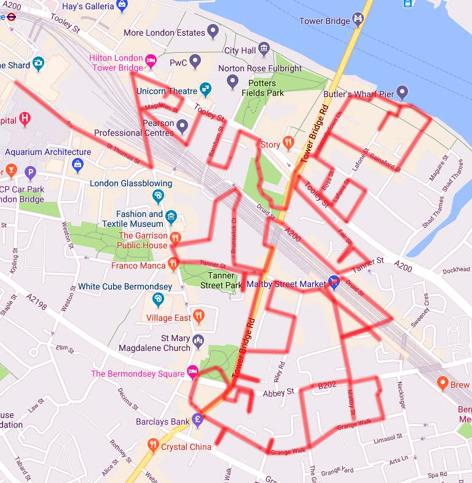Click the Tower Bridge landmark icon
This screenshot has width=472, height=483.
[358, 21]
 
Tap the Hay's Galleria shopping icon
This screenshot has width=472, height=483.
[122, 6]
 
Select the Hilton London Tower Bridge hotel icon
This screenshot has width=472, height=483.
[151, 62]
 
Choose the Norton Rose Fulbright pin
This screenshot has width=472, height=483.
[232, 80]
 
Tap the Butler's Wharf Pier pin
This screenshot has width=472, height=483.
[402, 93]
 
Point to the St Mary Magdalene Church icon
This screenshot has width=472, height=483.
[198, 341]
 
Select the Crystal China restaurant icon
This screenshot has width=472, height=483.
[153, 444]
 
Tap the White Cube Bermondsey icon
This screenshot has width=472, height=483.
[158, 299]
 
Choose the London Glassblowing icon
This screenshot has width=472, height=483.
[158, 196]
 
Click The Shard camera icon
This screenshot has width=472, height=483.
[38, 64]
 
